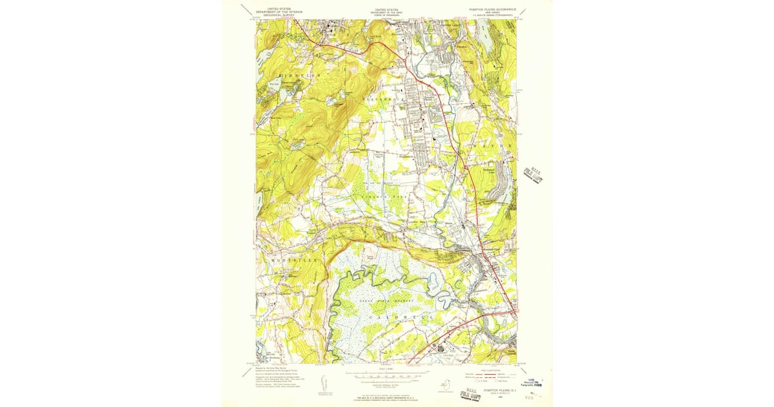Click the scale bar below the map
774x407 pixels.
click(x=388, y=374)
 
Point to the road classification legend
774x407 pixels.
click(x=490, y=376)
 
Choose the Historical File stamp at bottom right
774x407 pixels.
click(x=535, y=384)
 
